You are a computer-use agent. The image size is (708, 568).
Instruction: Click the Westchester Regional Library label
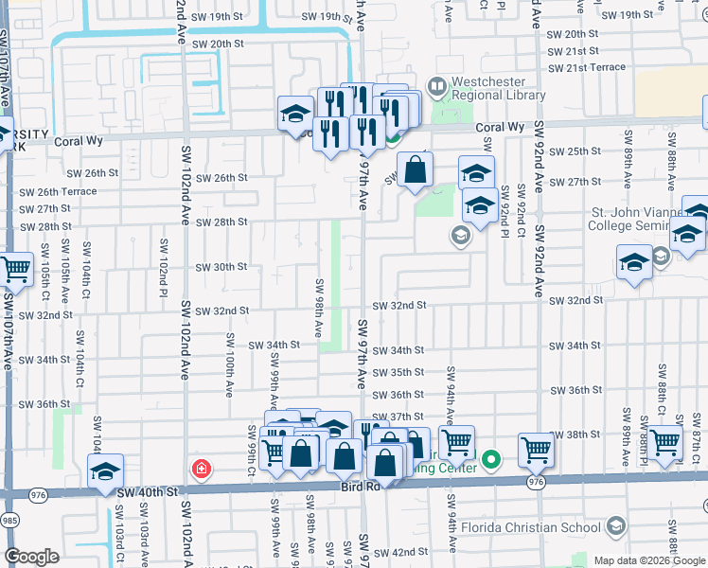point(499,88)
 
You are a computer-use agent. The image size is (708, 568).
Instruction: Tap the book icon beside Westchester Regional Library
point(436,87)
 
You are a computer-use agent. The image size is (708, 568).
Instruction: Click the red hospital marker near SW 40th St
point(201,468)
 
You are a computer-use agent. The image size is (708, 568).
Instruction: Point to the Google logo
point(31,556)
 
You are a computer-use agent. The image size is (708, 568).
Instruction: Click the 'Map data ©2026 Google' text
point(649,560)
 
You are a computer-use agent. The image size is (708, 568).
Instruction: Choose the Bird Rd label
point(360,487)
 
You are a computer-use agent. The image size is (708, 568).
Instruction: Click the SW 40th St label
point(147,492)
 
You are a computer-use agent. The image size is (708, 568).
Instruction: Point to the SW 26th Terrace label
point(58,191)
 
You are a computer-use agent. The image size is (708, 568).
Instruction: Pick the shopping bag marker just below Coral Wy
point(415,171)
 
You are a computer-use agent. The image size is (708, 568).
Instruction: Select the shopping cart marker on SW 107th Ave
point(16,271)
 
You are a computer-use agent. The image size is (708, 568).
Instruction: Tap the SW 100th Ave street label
point(229,364)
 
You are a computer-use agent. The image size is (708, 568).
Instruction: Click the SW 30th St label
point(221,267)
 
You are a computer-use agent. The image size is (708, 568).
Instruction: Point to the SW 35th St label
point(398,373)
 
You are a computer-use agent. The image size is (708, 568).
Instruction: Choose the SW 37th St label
point(398,417)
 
